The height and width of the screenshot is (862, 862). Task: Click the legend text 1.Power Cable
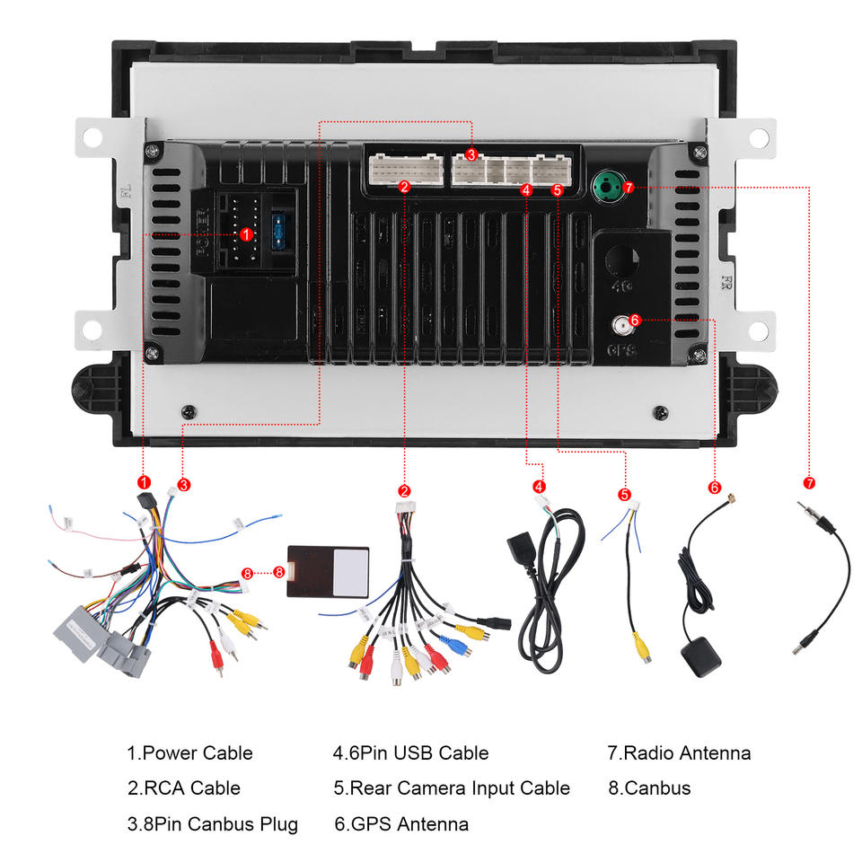point(189,753)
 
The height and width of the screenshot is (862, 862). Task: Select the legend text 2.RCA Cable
point(183,788)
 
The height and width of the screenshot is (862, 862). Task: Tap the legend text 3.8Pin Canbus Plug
point(212,823)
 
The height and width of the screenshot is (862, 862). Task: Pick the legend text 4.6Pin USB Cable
point(410,753)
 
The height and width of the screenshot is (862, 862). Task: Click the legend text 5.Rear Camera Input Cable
point(452,788)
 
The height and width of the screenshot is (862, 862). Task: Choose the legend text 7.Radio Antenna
point(679,753)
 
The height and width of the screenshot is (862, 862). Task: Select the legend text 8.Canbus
point(649,788)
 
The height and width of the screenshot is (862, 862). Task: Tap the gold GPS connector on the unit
point(619,323)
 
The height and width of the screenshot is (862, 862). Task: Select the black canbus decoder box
point(329,571)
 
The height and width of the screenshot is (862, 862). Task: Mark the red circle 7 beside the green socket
point(629,188)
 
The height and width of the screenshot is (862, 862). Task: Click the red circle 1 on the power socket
point(245,234)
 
